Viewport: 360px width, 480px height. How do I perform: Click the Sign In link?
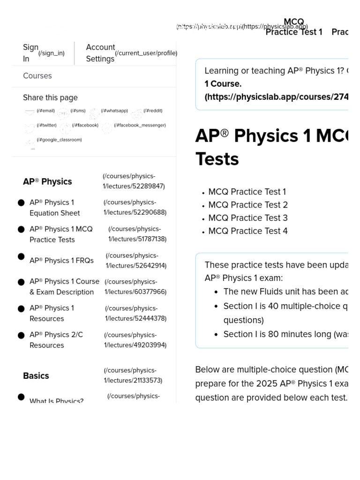[x=31, y=53]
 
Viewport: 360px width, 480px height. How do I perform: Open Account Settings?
[x=100, y=53]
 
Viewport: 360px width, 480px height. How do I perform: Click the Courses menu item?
[x=37, y=76]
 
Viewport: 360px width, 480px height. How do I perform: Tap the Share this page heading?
[x=50, y=97]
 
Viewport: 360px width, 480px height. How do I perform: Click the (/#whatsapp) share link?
[x=114, y=111]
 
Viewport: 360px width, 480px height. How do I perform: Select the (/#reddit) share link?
[x=152, y=111]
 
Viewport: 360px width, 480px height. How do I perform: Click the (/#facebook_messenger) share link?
[x=139, y=126]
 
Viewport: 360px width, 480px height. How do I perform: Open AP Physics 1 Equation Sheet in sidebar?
[x=54, y=208]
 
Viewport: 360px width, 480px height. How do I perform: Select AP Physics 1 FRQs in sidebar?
[x=61, y=261]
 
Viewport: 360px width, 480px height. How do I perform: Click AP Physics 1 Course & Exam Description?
[x=64, y=286]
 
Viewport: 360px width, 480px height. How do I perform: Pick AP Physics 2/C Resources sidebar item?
[x=56, y=340]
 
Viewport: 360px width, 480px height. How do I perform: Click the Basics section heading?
[x=36, y=376]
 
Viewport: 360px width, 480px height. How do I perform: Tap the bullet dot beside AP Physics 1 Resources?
[x=21, y=309]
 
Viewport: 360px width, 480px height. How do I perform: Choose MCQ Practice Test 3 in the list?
[x=248, y=218]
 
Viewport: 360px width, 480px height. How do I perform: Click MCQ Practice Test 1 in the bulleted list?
[x=247, y=192]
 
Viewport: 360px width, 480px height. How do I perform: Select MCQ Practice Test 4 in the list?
[x=248, y=231]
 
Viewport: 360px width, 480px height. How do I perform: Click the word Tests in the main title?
[x=217, y=159]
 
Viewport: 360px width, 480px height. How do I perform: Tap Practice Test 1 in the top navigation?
[x=294, y=32]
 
